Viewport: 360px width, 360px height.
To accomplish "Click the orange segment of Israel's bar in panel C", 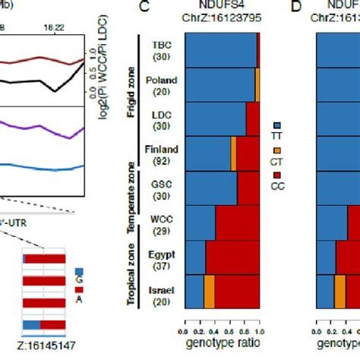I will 210,289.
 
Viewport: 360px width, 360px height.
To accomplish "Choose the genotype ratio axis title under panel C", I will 220,344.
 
